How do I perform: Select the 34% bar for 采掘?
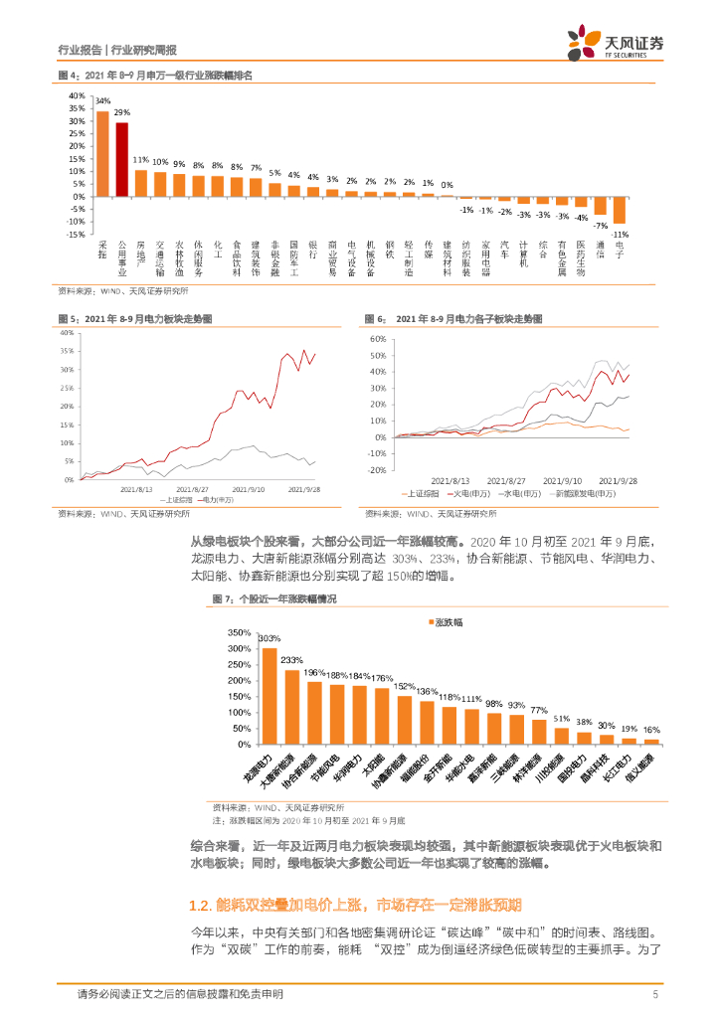tap(102, 153)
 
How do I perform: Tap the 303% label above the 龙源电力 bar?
tap(269, 638)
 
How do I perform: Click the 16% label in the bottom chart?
tap(651, 730)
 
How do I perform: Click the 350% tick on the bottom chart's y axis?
tap(240, 632)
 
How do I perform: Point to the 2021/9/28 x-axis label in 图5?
tap(303, 489)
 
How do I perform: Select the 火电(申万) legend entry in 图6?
tap(463, 492)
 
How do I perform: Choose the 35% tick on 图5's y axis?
tap(68, 350)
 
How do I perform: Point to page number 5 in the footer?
tap(655, 995)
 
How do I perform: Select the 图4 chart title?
tap(155, 76)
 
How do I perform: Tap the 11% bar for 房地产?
tap(141, 183)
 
